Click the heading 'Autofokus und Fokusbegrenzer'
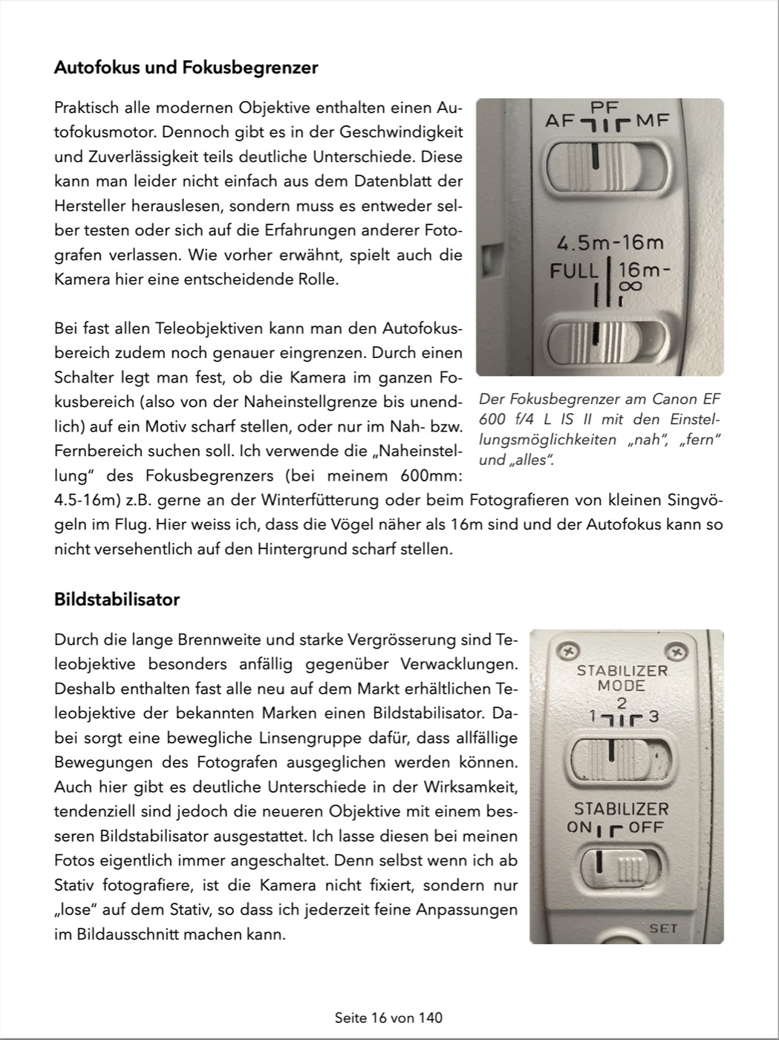tap(186, 68)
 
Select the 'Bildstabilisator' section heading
tap(117, 599)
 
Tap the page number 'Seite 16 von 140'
tap(388, 1017)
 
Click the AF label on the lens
tap(560, 120)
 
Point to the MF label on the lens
tap(653, 120)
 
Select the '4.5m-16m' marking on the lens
tap(610, 243)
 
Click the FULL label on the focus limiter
tap(574, 270)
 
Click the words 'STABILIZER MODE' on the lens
tap(622, 677)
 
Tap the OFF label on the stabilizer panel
tap(646, 827)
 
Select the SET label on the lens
tap(663, 928)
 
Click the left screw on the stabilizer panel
tap(569, 651)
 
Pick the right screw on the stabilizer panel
tap(675, 652)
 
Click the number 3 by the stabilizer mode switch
tap(653, 717)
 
